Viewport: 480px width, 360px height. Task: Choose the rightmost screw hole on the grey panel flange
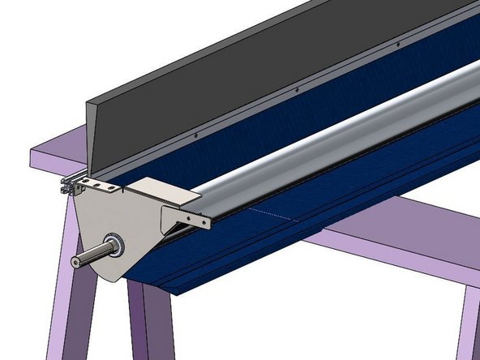pyautogui.click(x=382, y=51)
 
